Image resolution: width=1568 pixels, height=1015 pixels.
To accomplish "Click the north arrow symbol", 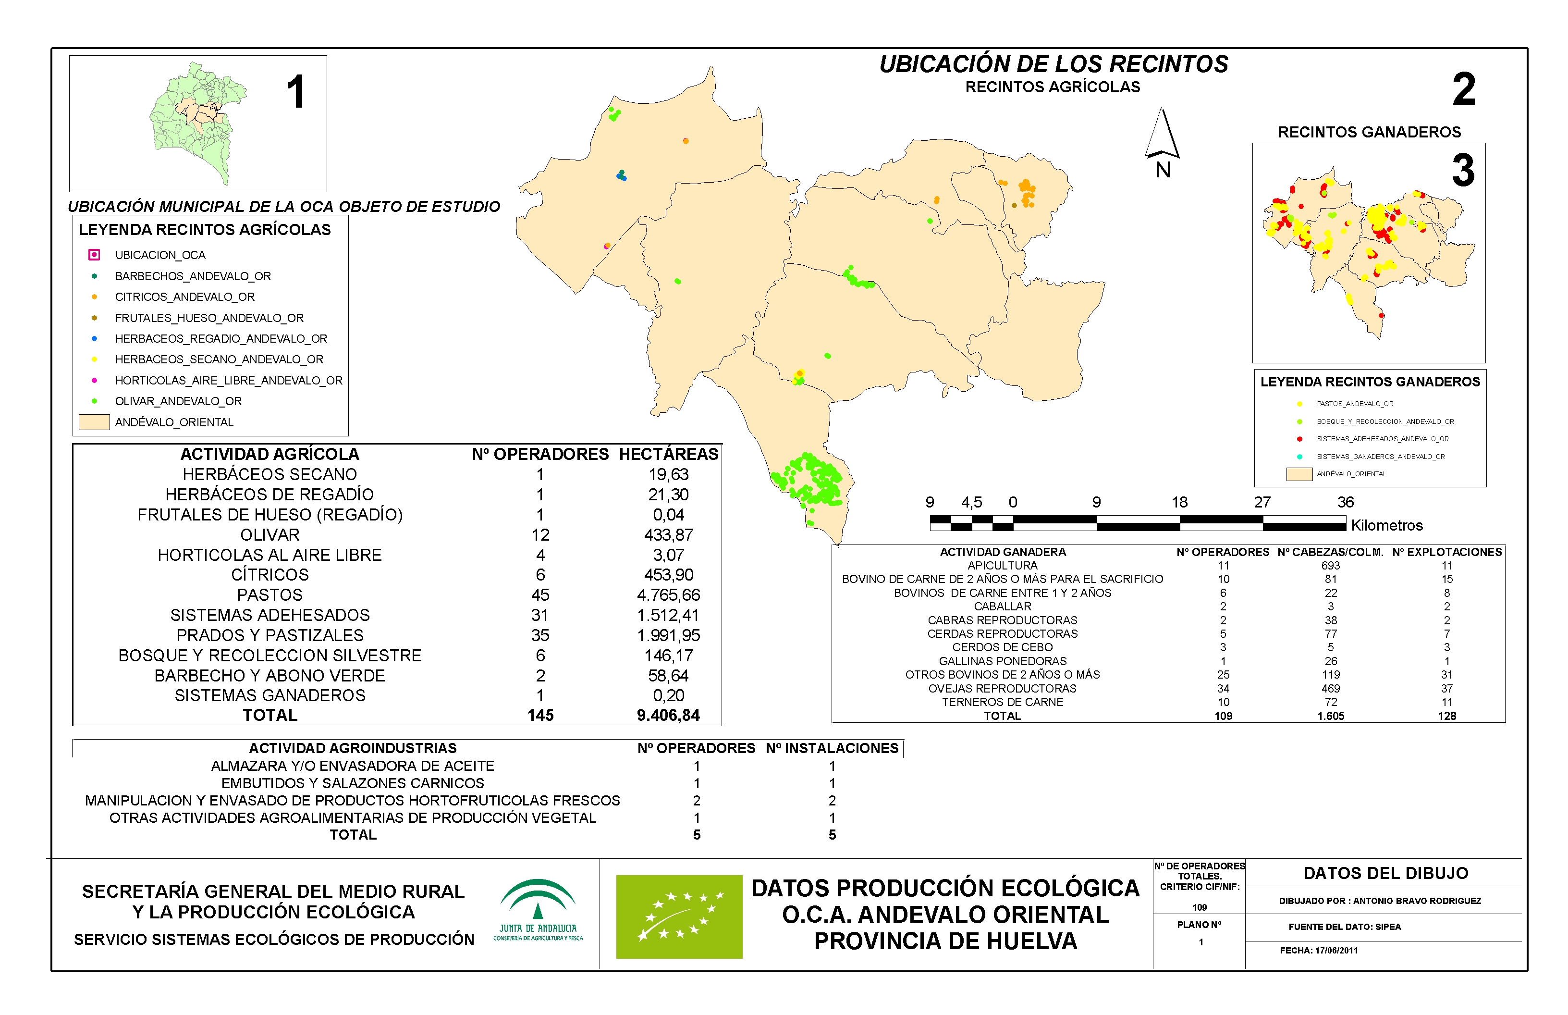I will (x=1162, y=135).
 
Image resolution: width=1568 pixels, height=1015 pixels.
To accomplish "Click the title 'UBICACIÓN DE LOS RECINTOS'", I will (x=1053, y=64).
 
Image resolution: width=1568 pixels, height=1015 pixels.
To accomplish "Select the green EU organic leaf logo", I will (x=679, y=916).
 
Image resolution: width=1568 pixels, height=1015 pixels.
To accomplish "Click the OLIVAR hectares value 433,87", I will (x=668, y=534).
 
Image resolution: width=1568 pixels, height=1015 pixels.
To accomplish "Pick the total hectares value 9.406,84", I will (x=668, y=715).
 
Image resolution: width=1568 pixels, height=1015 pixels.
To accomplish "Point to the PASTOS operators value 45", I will (x=540, y=595).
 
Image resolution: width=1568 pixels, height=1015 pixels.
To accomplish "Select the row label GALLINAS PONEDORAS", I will (x=1002, y=661).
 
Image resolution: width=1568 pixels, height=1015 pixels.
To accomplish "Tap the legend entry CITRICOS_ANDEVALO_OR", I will (x=184, y=297).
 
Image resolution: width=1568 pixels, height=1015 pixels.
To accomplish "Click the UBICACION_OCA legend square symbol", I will (x=94, y=254).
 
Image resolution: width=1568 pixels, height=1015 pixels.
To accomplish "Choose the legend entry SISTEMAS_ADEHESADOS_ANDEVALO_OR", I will (x=1382, y=439).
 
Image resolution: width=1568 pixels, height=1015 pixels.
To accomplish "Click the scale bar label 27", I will (x=1262, y=502).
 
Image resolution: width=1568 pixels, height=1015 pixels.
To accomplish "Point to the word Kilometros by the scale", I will (x=1387, y=525).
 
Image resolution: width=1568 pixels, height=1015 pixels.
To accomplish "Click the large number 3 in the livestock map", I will (x=1463, y=170).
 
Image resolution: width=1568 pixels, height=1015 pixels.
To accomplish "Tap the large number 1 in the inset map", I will (x=296, y=92).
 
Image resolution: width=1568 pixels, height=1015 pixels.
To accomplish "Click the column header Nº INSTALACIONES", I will (x=832, y=748).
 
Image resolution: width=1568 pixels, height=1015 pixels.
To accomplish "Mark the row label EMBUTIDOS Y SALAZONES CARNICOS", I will (x=353, y=783).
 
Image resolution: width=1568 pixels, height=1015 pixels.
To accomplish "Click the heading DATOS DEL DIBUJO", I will (x=1385, y=873).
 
